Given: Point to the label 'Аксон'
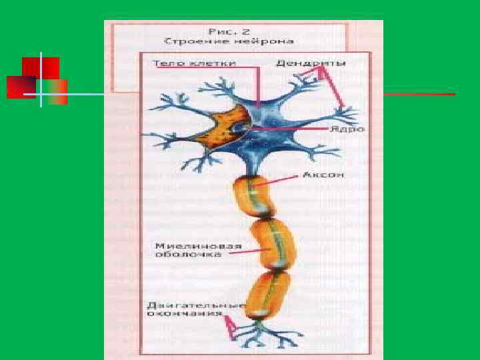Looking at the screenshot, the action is pyautogui.click(x=323, y=175).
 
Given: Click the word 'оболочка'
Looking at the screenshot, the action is pyautogui.click(x=181, y=254).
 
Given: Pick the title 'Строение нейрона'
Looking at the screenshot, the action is pyautogui.click(x=229, y=41).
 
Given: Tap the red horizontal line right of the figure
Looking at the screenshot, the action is pyautogui.click(x=420, y=95).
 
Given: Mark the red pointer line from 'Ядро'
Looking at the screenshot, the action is pyautogui.click(x=293, y=128).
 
